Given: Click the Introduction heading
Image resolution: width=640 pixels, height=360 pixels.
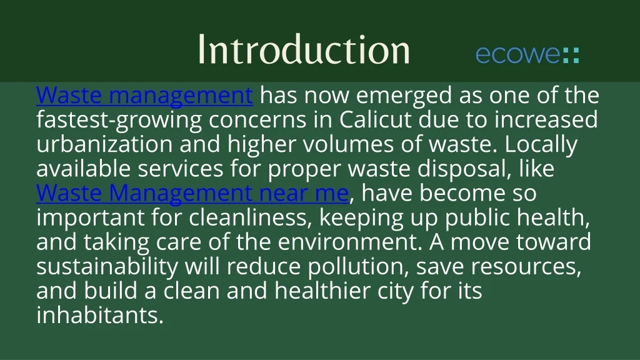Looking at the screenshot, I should tap(304, 49).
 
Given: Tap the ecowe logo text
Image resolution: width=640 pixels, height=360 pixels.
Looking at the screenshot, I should tap(517, 54).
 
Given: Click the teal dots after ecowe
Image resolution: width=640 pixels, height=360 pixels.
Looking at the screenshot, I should tap(571, 54).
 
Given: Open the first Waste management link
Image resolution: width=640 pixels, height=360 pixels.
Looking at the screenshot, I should tap(144, 96).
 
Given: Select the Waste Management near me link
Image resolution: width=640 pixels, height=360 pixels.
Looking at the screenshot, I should tap(192, 193).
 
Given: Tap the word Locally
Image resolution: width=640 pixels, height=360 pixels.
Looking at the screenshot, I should tap(541, 144).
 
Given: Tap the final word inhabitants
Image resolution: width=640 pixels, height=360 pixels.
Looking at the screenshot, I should tap(100, 315).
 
